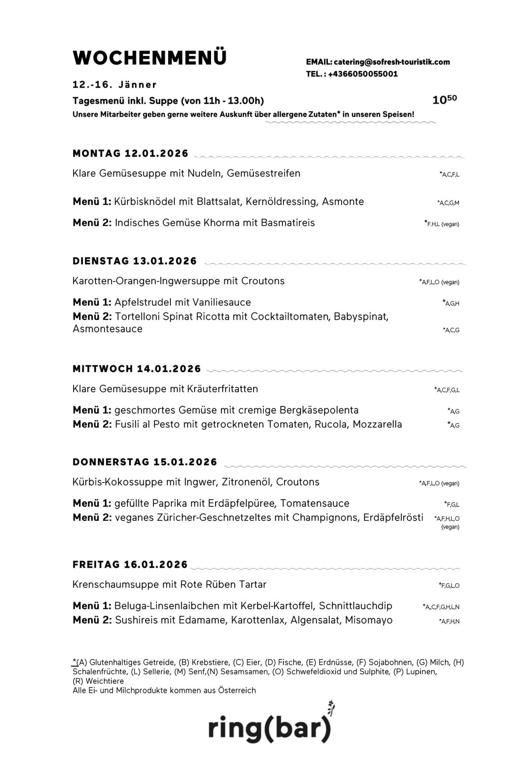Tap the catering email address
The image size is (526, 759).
[x=391, y=62]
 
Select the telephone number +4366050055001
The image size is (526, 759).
[x=363, y=74]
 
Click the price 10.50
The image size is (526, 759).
[x=444, y=100]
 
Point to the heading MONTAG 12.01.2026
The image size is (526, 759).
[x=130, y=153]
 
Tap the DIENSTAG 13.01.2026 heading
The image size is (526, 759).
[x=135, y=261]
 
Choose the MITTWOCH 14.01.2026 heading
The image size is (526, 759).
[x=137, y=369]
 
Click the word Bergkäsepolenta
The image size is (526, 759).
[x=319, y=410]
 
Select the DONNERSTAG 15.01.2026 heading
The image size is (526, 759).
[x=144, y=462]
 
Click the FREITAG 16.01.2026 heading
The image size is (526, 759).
[x=130, y=564]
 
